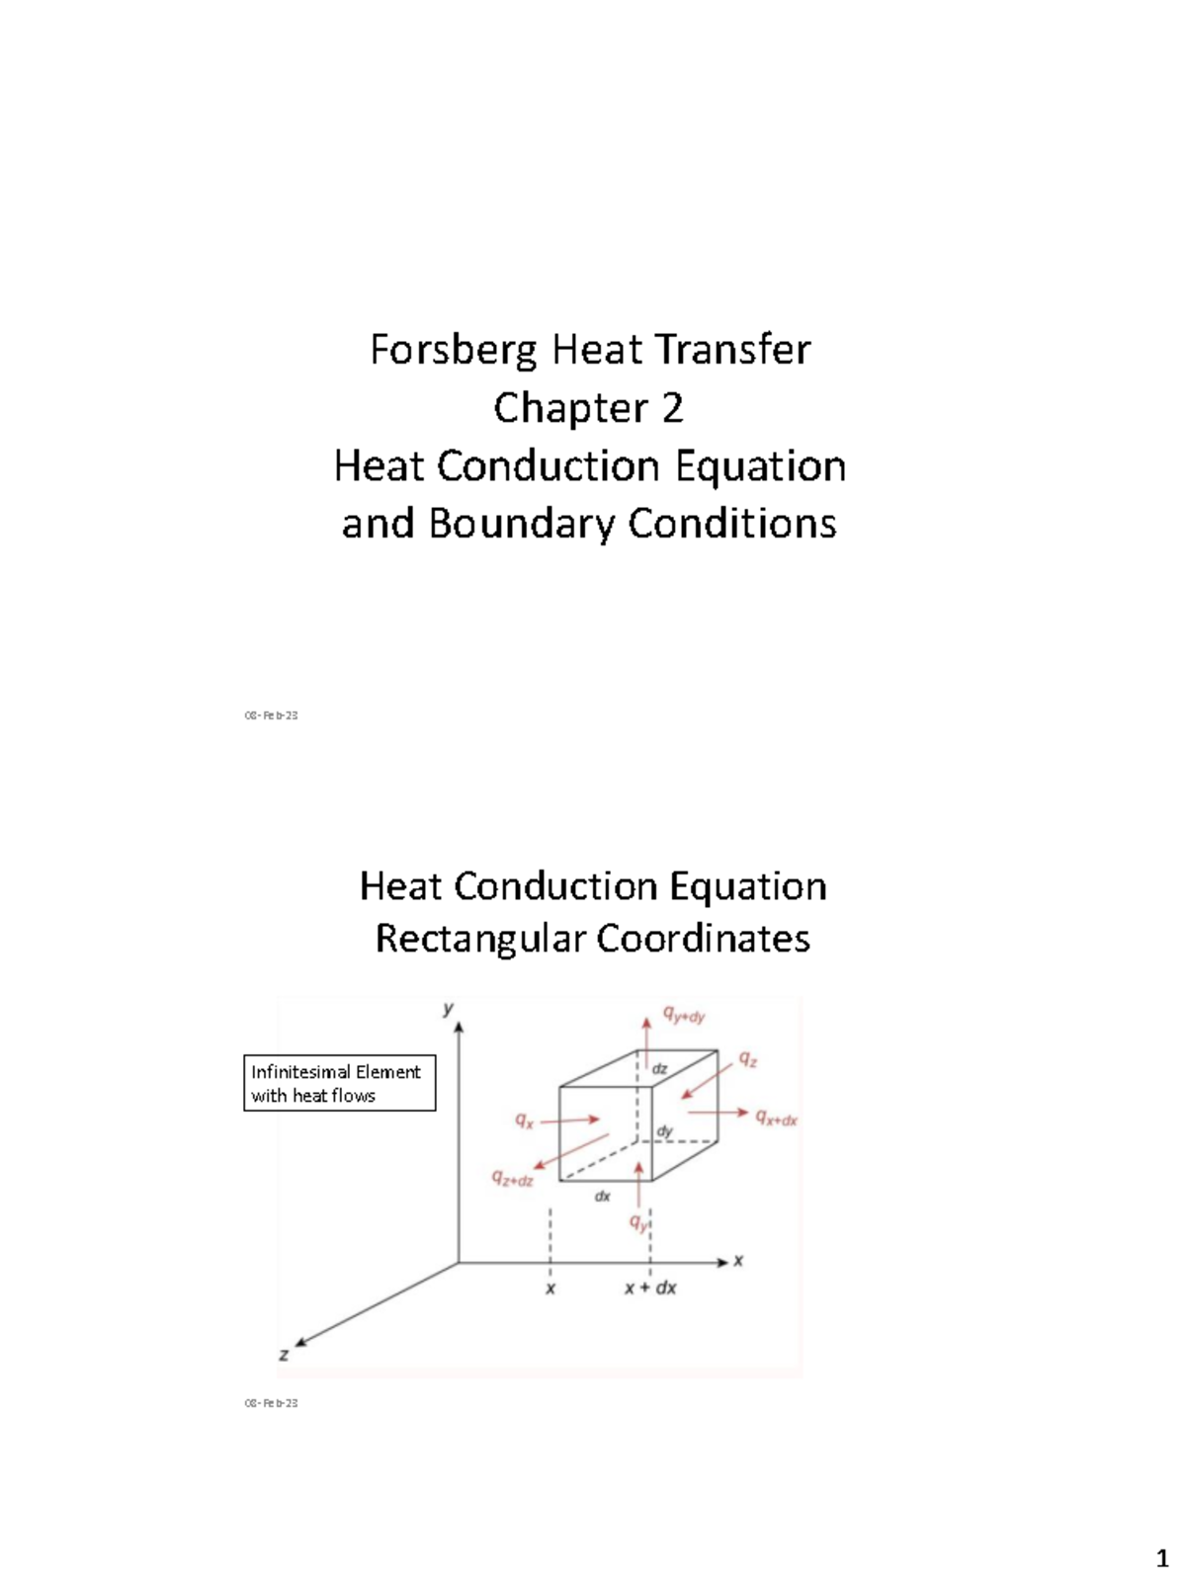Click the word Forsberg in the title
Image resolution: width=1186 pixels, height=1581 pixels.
454,351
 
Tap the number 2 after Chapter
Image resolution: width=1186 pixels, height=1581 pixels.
671,408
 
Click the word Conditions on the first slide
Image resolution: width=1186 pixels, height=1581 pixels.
732,524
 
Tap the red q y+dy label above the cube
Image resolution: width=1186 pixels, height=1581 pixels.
684,1015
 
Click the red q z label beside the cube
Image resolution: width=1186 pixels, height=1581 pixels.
749,1060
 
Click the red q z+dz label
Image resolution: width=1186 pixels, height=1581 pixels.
513,1178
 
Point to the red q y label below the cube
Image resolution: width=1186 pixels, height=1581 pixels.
639,1223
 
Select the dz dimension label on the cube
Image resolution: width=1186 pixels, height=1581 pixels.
660,1069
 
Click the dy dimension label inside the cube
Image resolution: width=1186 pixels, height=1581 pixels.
665,1131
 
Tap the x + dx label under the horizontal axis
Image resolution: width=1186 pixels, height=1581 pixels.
650,1289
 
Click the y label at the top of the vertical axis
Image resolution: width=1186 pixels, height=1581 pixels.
449,1009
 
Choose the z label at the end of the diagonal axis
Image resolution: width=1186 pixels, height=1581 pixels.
284,1355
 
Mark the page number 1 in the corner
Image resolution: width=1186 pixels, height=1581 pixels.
1162,1560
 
